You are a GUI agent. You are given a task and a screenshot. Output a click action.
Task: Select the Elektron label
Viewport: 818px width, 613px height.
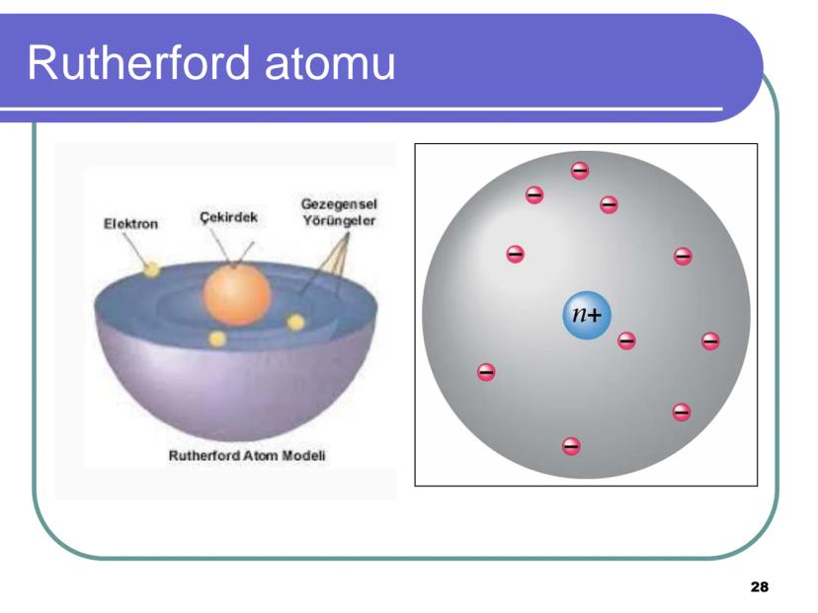(130, 224)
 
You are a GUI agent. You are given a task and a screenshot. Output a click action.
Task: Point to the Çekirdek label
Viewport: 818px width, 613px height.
(228, 217)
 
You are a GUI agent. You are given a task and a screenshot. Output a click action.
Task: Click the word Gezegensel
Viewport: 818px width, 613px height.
(339, 204)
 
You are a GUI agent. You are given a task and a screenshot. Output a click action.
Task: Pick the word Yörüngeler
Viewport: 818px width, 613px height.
(339, 221)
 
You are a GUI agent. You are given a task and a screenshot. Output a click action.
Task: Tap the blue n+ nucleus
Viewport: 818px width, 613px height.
(587, 315)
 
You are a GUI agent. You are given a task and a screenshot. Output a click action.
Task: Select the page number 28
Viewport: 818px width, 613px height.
(759, 587)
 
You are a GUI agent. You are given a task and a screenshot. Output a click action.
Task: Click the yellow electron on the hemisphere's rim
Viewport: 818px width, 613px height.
(151, 268)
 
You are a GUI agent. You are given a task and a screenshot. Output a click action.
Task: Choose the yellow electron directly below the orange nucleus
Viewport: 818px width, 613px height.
(217, 340)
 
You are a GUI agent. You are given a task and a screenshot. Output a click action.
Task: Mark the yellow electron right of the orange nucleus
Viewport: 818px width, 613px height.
(295, 322)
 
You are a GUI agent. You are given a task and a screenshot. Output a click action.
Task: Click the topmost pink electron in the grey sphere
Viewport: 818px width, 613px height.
(580, 171)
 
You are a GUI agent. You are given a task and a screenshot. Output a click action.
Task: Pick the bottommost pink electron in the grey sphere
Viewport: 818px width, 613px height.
(571, 446)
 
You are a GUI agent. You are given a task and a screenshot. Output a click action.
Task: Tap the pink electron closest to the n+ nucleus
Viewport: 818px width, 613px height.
(626, 341)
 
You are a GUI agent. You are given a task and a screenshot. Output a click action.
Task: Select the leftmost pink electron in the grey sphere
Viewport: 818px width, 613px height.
(486, 372)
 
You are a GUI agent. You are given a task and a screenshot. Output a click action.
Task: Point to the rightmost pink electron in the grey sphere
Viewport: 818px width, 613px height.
(710, 342)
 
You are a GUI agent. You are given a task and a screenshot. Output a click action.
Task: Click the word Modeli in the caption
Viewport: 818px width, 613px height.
(303, 456)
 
